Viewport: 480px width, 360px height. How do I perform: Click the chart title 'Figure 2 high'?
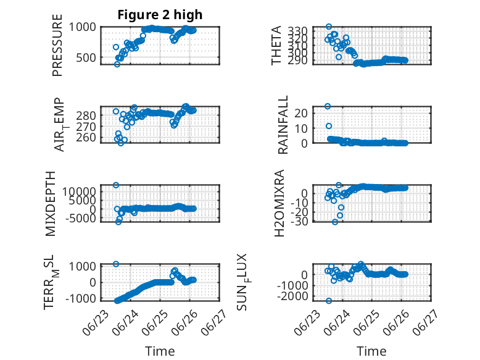point(160,14)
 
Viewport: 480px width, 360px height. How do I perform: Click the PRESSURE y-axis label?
point(57,45)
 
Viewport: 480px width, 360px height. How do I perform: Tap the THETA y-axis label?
point(276,45)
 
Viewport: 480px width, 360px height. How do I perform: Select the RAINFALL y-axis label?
point(283,124)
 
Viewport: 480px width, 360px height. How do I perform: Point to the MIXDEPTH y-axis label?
point(50,203)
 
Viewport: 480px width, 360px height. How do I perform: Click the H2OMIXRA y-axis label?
point(279,203)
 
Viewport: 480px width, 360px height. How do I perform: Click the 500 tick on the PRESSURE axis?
point(86,57)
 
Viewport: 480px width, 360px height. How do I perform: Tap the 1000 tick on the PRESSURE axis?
point(82,27)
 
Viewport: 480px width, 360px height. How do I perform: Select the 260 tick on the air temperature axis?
point(86,138)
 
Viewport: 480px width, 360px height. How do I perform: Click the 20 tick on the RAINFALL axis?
point(300,113)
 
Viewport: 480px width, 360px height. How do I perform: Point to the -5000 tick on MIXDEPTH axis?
point(81,218)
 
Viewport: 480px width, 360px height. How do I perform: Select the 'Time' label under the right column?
point(371,351)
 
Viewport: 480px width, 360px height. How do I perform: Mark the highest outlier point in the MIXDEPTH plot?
point(116,185)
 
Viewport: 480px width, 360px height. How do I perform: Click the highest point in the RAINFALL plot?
point(328,106)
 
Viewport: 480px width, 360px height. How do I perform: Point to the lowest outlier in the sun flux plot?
point(329,301)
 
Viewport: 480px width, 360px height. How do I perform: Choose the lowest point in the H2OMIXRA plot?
point(335,222)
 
